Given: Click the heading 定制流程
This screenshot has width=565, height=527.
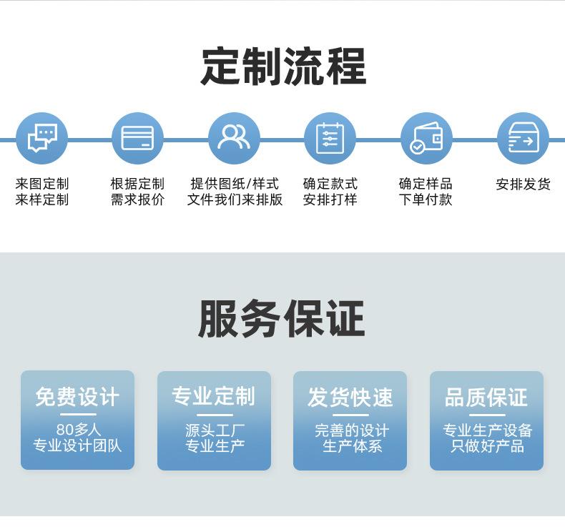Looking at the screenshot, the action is point(282,67).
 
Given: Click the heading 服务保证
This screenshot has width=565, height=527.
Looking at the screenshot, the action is point(282,319).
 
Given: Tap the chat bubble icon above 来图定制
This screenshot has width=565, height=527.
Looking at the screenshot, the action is point(41,138).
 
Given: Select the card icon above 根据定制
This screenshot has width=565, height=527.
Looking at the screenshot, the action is point(137,138).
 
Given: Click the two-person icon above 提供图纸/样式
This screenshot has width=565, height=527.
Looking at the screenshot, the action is point(234,138).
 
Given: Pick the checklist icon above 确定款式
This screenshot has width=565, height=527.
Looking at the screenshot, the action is point(330,138).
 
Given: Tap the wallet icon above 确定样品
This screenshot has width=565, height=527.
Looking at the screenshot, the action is point(426,138).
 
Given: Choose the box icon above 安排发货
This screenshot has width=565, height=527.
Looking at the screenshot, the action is point(523,138).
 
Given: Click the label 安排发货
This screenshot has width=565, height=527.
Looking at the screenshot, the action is point(523,184).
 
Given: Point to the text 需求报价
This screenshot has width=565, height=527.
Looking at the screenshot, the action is point(137,200).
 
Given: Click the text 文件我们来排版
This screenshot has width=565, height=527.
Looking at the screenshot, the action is point(235,200).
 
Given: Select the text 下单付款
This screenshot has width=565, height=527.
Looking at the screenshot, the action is point(426,200).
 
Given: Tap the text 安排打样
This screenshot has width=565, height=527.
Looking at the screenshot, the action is point(330,200).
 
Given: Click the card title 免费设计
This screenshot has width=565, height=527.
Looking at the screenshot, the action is point(77,397).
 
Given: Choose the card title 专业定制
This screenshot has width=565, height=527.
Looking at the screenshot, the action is point(214,397).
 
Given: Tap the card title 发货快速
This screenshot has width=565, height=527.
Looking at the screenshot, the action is point(350,397).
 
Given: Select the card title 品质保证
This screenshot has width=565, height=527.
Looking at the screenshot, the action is point(486,397).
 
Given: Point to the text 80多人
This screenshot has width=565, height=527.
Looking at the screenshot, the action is point(77,430).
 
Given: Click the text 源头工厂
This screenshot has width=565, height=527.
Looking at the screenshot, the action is point(214,430).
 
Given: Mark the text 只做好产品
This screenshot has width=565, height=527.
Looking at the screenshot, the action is point(486,446).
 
